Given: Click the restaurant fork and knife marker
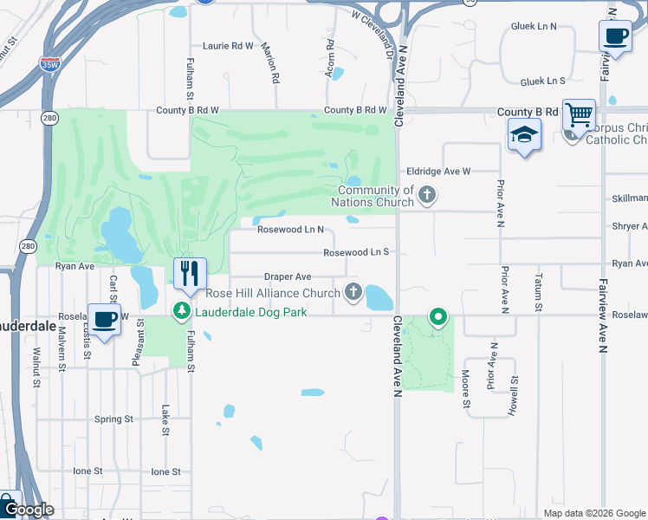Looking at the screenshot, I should (x=190, y=275).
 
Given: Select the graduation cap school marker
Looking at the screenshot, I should (x=524, y=135).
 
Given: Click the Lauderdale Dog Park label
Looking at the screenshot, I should (x=250, y=311).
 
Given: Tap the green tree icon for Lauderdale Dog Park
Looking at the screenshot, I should (x=182, y=309).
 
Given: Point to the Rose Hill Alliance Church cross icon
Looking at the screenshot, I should (x=353, y=292).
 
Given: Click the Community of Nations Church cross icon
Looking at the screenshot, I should (x=426, y=195).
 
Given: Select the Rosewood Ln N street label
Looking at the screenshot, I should (x=290, y=230).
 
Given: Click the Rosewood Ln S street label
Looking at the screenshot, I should (x=355, y=253).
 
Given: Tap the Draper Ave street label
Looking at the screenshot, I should (x=288, y=276).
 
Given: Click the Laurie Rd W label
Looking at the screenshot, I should (x=228, y=45).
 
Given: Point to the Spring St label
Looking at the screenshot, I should (x=113, y=419).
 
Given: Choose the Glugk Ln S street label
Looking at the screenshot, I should (x=542, y=81).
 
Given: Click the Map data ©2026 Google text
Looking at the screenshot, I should (x=593, y=513).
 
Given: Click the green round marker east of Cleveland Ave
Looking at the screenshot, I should (x=438, y=317).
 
